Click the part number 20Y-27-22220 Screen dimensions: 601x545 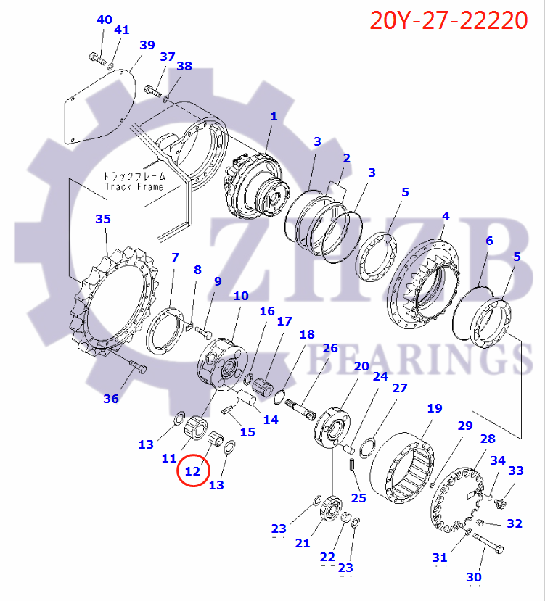pyautogui.click(x=448, y=20)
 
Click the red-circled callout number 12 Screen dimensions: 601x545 pyautogui.click(x=192, y=471)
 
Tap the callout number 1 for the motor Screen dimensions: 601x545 pyautogui.click(x=274, y=116)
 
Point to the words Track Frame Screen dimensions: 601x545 pyautogui.click(x=134, y=186)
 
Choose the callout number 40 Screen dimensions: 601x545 pyautogui.click(x=105, y=20)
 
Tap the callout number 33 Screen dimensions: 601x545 pyautogui.click(x=515, y=471)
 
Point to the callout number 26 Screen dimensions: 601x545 pyautogui.click(x=330, y=348)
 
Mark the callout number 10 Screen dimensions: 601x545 pyautogui.click(x=240, y=296)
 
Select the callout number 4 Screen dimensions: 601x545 pyautogui.click(x=446, y=216)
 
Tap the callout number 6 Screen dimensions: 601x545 pyautogui.click(x=489, y=241)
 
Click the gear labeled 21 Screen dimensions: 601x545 pyautogui.click(x=335, y=506)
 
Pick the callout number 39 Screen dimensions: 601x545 pyautogui.click(x=147, y=45)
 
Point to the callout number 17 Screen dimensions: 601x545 pyautogui.click(x=284, y=320)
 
